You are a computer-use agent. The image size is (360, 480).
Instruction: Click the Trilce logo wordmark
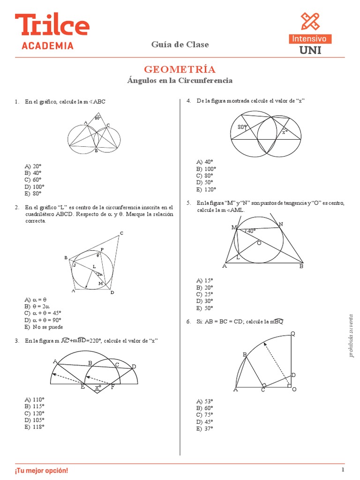pos(52,25)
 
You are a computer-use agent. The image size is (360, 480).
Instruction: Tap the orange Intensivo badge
pos(310,38)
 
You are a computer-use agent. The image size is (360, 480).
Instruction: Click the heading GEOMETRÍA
pos(180,69)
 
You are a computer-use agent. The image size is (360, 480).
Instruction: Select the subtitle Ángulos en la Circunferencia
pos(180,81)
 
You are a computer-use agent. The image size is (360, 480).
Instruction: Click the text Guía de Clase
pos(180,45)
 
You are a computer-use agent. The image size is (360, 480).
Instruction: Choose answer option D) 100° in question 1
pos(35,187)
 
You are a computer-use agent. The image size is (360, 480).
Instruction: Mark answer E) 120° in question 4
pos(206,189)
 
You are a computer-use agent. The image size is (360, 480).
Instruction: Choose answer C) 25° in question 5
pos(205,294)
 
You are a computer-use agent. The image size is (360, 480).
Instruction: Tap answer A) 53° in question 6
pos(205,401)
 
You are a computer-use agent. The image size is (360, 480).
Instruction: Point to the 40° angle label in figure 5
pos(251,231)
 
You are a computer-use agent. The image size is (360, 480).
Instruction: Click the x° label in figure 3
pos(98,388)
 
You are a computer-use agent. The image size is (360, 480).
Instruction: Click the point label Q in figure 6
pos(293,334)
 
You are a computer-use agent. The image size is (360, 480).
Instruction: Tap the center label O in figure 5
pos(258,243)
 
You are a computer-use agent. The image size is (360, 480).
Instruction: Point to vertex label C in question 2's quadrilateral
pos(121,233)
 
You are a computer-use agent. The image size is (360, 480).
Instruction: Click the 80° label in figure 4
pos(242,127)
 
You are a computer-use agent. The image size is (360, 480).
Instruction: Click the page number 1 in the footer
pos(343,470)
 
